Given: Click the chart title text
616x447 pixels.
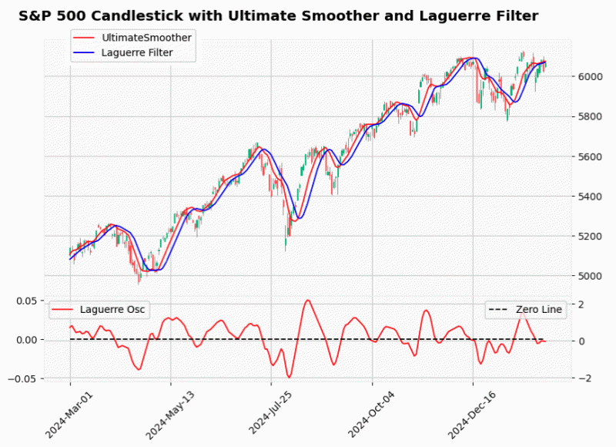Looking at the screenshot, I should (278, 15).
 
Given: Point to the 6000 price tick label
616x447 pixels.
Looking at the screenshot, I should (590, 76).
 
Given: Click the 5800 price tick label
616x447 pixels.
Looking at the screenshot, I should (590, 116).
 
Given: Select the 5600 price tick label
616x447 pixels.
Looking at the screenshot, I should (590, 156).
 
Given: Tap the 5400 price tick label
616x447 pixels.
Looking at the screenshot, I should (590, 197).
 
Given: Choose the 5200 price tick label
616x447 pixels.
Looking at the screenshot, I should (590, 236).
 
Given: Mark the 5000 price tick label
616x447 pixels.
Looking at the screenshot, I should (590, 276).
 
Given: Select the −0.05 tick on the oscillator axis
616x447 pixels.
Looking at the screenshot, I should (24, 378).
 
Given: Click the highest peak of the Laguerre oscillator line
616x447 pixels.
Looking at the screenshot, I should (308, 300).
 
